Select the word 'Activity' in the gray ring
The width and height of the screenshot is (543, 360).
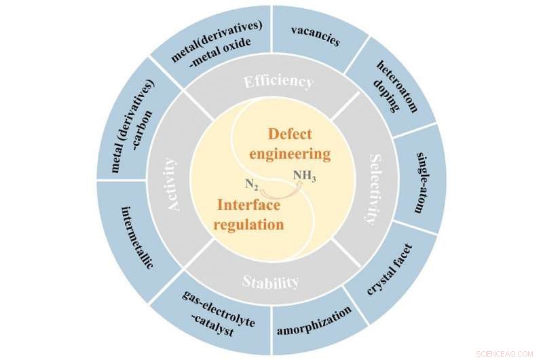pyautogui.click(x=174, y=184)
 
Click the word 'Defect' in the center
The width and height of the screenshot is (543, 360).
pyautogui.click(x=293, y=134)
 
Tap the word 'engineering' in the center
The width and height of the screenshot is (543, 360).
pyautogui.click(x=290, y=154)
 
